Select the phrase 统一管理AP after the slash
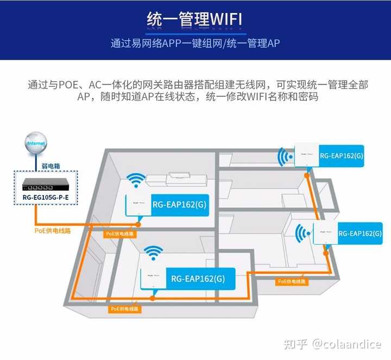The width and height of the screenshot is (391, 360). click(251, 43)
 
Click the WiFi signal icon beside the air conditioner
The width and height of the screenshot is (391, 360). click(136, 181)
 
